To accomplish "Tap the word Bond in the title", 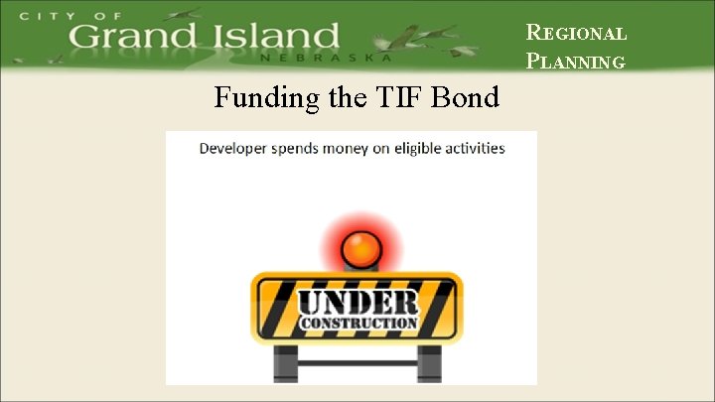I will click(467, 99).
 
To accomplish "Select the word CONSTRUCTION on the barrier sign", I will click(358, 324).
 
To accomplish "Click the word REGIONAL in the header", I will click(576, 33).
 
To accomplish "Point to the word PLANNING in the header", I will click(576, 62).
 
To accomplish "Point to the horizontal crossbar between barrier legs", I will click(355, 362).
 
